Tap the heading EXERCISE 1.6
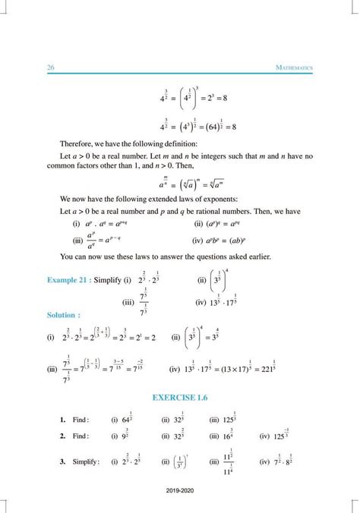point(180,395)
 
